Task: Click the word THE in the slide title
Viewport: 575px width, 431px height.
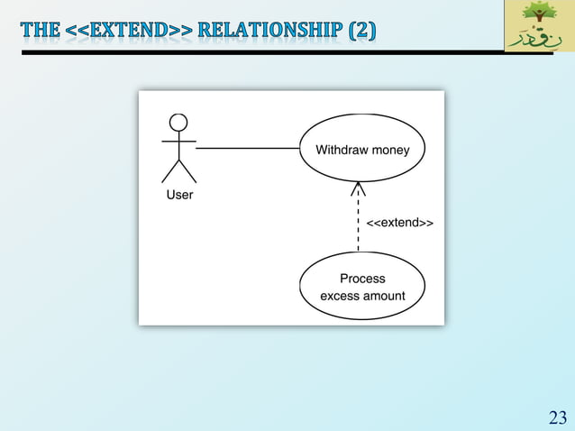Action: click(41, 31)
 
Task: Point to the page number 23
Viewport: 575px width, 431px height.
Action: click(558, 417)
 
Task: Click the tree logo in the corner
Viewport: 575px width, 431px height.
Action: click(540, 17)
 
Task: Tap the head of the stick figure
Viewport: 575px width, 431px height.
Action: click(178, 123)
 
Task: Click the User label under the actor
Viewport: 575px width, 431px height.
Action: click(179, 194)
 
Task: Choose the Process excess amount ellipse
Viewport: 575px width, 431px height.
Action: click(361, 287)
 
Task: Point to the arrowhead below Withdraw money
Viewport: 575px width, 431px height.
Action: click(358, 188)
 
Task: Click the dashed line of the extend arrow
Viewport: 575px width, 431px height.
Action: click(358, 225)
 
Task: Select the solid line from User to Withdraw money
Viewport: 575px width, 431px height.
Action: click(248, 148)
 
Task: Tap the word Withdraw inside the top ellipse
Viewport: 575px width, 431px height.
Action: click(342, 150)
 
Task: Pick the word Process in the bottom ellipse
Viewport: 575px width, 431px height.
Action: click(362, 279)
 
